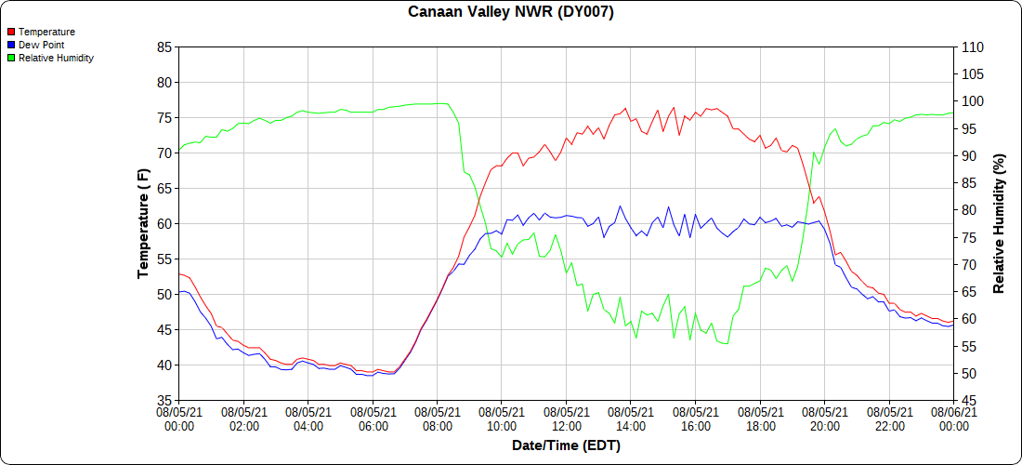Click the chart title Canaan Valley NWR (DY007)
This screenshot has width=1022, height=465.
click(511, 12)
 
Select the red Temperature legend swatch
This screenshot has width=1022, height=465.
click(11, 32)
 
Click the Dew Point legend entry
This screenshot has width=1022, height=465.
click(41, 45)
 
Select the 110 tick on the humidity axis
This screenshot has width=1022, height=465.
click(971, 46)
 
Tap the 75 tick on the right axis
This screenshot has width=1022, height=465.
click(967, 237)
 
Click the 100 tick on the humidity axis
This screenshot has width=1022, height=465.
click(971, 101)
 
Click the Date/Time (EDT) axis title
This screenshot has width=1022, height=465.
click(566, 445)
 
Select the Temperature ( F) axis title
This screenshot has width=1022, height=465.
click(143, 223)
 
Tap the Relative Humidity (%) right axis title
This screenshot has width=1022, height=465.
click(1000, 223)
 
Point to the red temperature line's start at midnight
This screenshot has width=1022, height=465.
click(179, 273)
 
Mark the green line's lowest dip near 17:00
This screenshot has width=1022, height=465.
click(726, 343)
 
